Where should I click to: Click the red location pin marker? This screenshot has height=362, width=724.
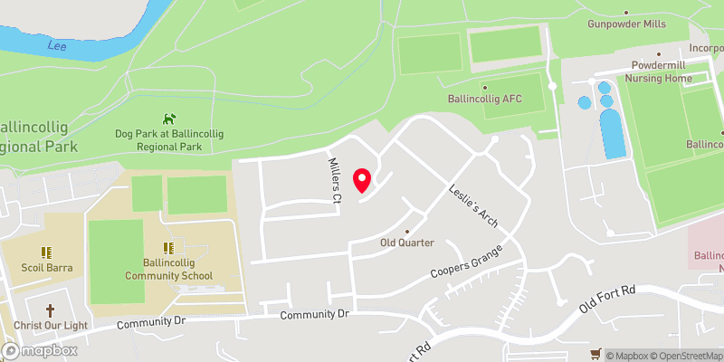click(362, 180)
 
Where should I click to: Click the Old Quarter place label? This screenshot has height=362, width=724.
click(407, 243)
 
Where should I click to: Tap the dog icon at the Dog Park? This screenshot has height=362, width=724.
click(168, 119)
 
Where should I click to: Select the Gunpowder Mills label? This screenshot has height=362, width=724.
click(626, 24)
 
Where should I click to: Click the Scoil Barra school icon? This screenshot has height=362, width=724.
click(46, 252)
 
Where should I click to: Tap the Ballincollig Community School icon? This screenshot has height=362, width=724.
click(168, 247)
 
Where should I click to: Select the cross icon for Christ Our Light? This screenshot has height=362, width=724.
click(50, 309)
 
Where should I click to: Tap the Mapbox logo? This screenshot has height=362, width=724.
click(39, 350)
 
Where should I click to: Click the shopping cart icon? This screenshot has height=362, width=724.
click(595, 353)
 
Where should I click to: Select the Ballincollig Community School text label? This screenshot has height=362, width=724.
click(168, 270)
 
